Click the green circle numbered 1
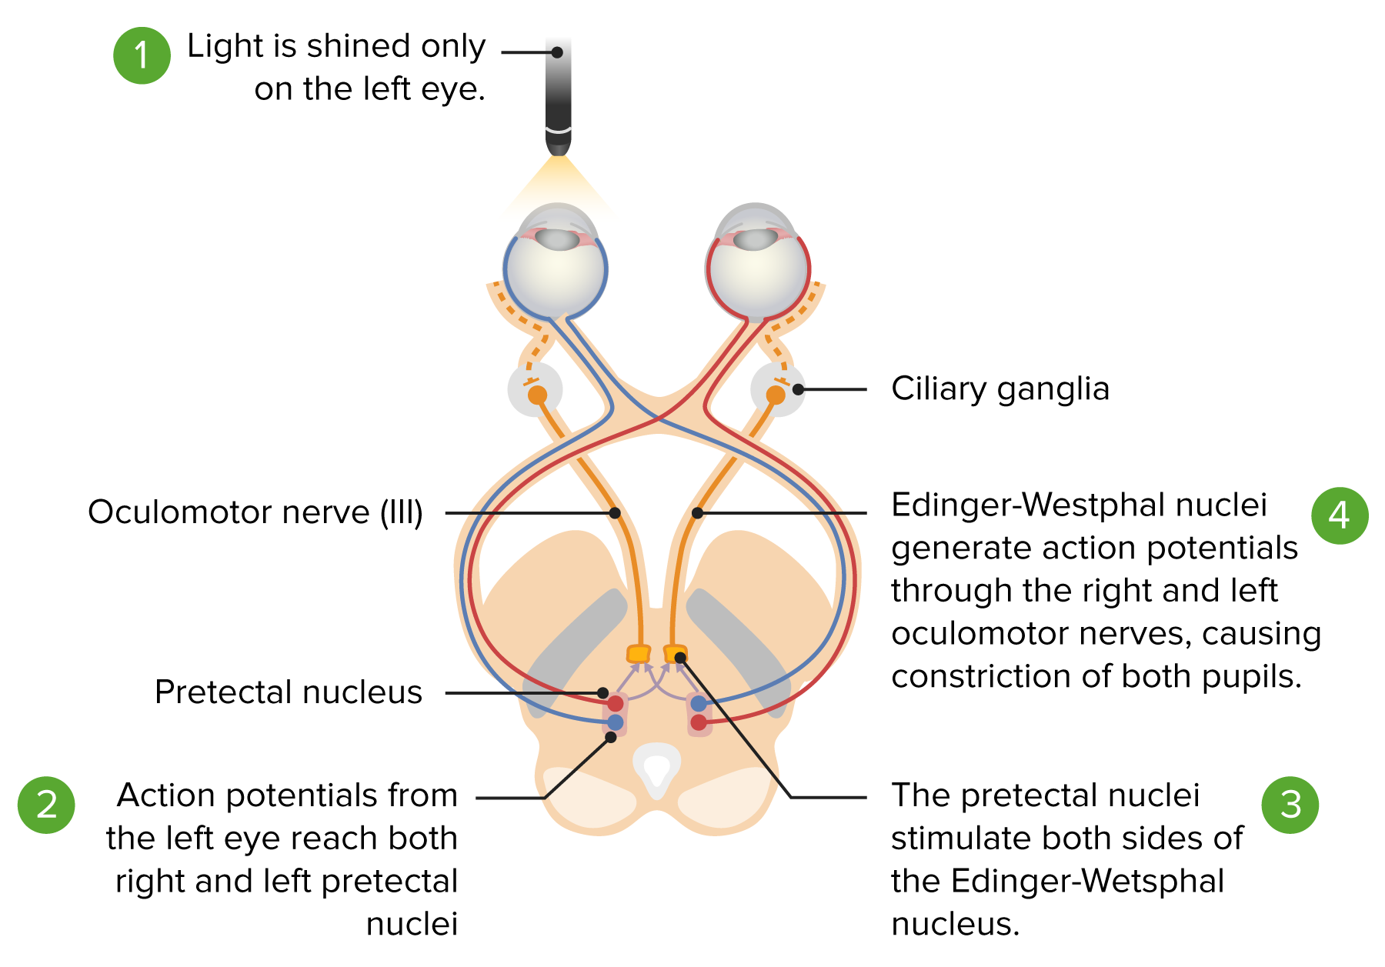142,55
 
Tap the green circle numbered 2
46,805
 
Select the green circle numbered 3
1290,805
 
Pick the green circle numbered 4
1340,515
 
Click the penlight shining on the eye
559,96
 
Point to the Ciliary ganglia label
1000,389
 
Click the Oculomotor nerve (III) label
255,512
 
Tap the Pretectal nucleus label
289,692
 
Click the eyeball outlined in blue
556,262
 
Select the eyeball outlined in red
758,262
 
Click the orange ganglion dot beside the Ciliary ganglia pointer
776,395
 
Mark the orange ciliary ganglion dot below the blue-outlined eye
537,395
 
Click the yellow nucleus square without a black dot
639,654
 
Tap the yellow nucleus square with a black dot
675,654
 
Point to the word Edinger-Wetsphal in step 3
1087,882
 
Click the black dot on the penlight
557,52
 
